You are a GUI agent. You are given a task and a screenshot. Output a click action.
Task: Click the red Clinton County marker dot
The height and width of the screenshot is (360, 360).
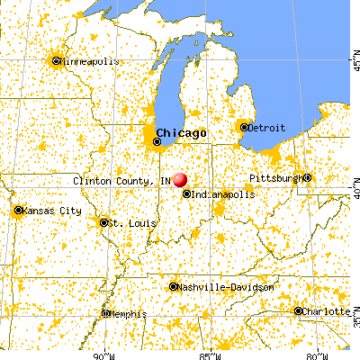point(179,180)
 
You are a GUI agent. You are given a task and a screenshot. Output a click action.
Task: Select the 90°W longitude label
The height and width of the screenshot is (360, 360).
point(103,354)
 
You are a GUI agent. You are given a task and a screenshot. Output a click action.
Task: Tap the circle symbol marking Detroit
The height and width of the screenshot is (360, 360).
point(243,128)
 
